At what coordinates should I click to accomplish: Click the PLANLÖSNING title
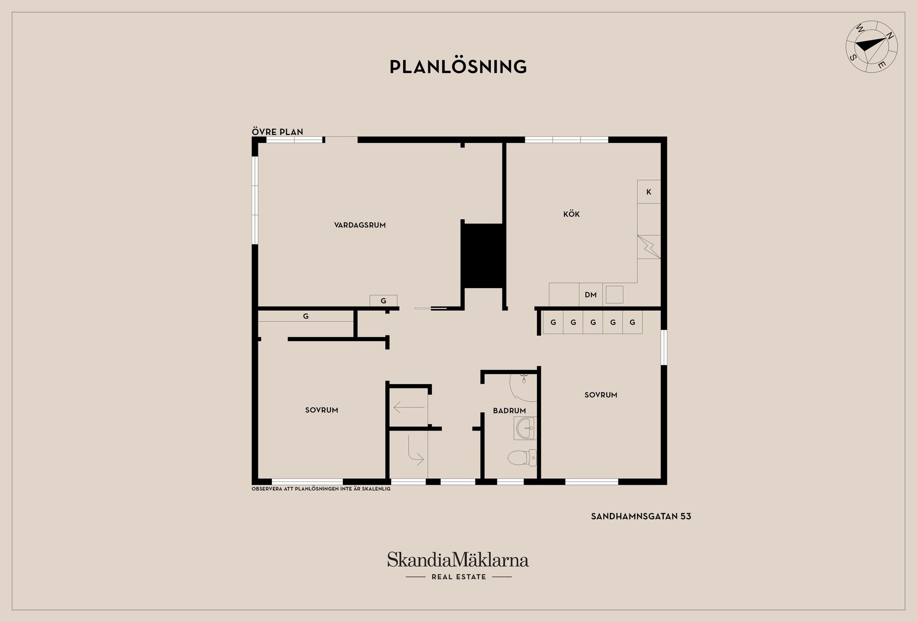(x=458, y=66)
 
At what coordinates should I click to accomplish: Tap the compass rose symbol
(x=872, y=47)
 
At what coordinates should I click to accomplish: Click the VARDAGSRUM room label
(x=360, y=225)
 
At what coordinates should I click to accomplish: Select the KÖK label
(x=571, y=214)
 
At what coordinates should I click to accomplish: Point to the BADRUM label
(x=509, y=410)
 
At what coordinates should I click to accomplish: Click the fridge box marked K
(x=649, y=192)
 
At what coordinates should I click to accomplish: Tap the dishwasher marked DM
(x=591, y=295)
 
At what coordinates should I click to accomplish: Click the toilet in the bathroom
(x=522, y=458)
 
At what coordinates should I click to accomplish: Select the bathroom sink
(x=525, y=428)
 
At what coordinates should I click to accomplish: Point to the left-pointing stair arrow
(x=409, y=408)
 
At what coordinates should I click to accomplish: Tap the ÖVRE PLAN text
(x=277, y=132)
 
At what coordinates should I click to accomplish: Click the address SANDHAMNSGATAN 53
(x=641, y=516)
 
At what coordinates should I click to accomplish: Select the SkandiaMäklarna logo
(x=458, y=560)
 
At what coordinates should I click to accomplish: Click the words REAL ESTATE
(x=458, y=577)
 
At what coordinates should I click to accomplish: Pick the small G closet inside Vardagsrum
(x=384, y=301)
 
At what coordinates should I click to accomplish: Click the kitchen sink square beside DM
(x=614, y=294)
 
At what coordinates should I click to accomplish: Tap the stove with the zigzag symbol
(x=649, y=247)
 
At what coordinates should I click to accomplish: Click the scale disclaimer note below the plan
(x=321, y=489)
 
